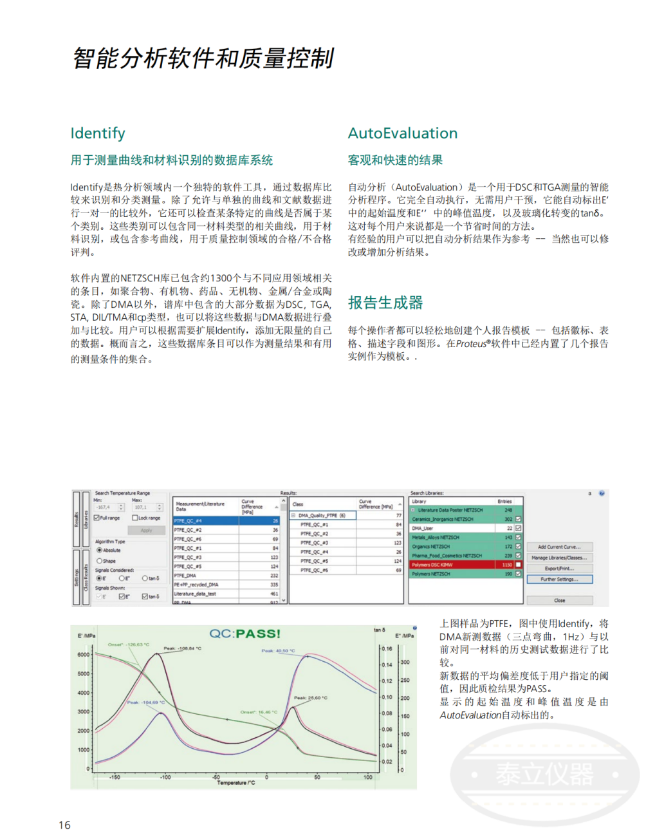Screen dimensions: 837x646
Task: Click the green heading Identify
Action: pyautogui.click(x=98, y=133)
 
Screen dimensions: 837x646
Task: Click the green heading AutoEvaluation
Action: pyautogui.click(x=403, y=133)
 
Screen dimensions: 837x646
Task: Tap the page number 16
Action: pyautogui.click(x=64, y=825)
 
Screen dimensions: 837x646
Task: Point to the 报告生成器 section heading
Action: pyautogui.click(x=385, y=303)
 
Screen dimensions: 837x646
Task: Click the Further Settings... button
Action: pyautogui.click(x=559, y=579)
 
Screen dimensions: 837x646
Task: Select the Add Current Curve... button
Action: pyautogui.click(x=559, y=547)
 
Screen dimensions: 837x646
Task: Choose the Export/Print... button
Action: pyautogui.click(x=559, y=569)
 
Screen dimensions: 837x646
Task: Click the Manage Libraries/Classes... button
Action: pyautogui.click(x=559, y=558)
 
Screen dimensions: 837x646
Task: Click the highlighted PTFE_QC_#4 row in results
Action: pyautogui.click(x=225, y=521)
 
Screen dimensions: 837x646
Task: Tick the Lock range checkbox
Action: pyautogui.click(x=135, y=518)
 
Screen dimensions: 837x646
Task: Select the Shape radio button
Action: pyautogui.click(x=99, y=561)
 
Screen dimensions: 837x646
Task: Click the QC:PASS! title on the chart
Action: pyautogui.click(x=245, y=634)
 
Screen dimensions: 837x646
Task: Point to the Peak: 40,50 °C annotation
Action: pyautogui.click(x=278, y=651)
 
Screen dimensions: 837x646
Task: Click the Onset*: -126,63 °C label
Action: pyautogui.click(x=128, y=644)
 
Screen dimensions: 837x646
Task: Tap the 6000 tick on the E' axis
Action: pyautogui.click(x=84, y=655)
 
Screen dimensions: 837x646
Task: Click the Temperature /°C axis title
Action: pyautogui.click(x=235, y=783)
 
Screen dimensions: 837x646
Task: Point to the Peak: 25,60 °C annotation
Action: pyautogui.click(x=310, y=698)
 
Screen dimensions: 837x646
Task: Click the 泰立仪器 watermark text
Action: pyautogui.click(x=544, y=774)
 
